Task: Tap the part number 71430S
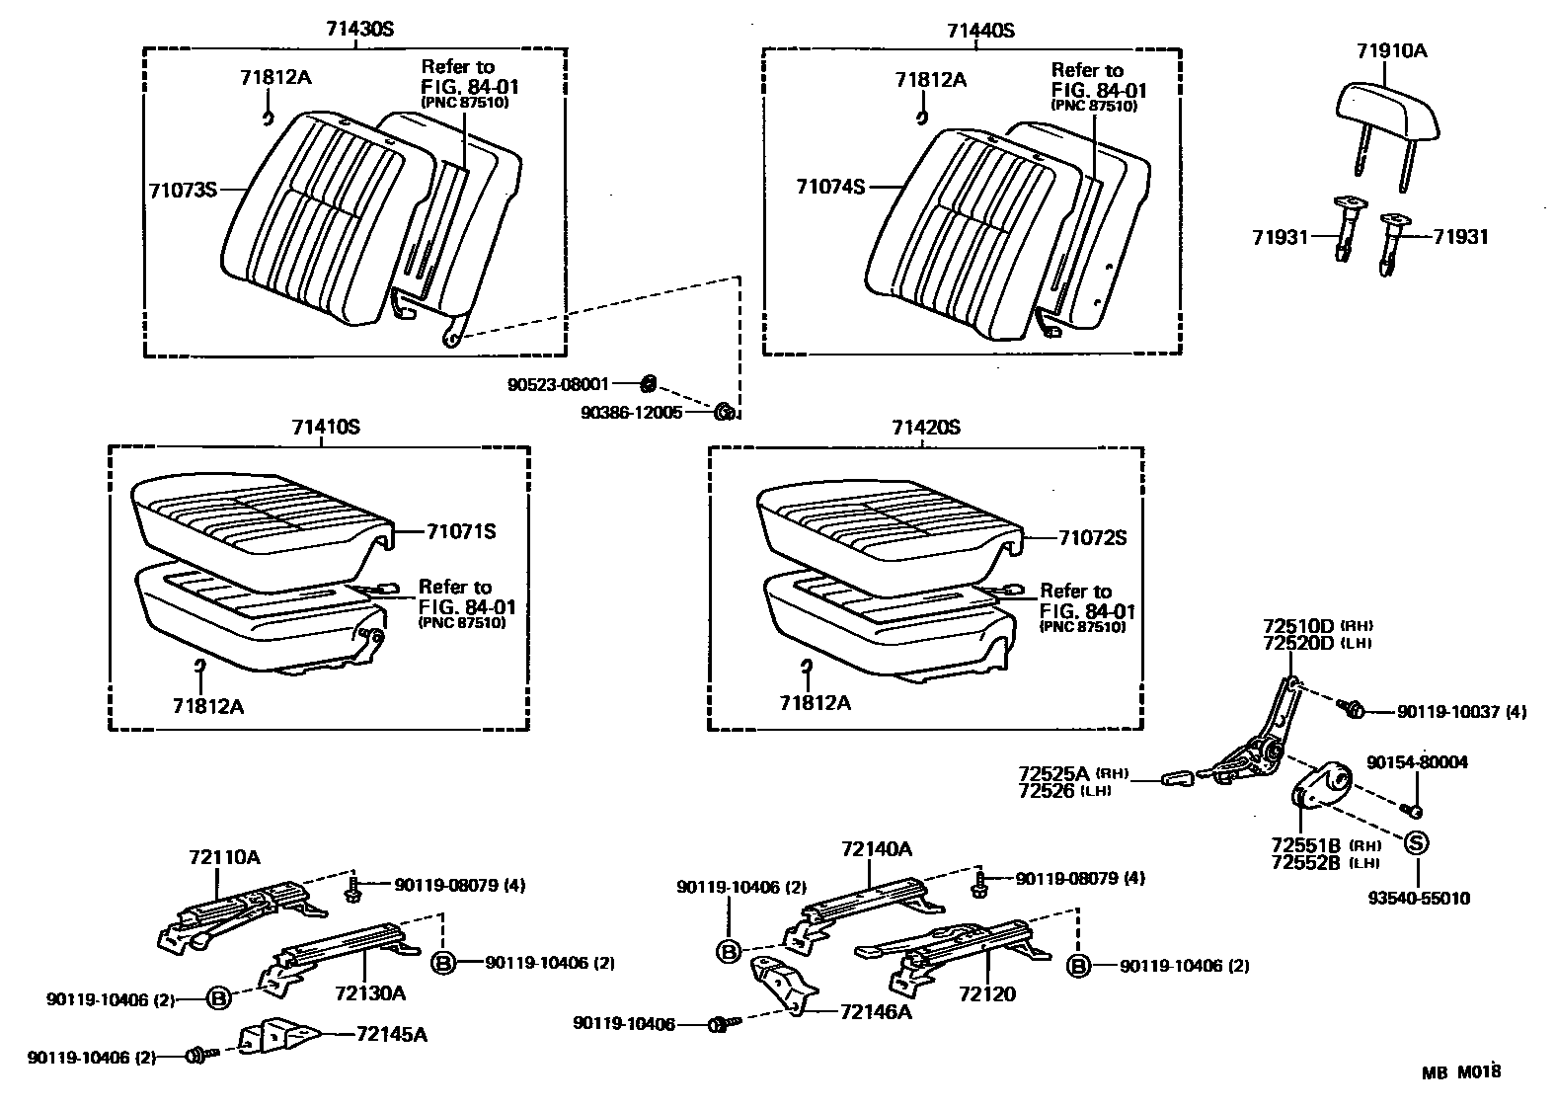click(359, 29)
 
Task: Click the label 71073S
click(183, 189)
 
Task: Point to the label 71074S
click(831, 185)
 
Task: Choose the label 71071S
click(461, 532)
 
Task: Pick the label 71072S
click(1092, 538)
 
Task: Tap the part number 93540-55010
click(1419, 899)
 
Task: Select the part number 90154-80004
click(1417, 762)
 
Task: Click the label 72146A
click(876, 1011)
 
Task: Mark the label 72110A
click(225, 857)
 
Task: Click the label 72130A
click(370, 992)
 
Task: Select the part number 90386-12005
click(632, 413)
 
